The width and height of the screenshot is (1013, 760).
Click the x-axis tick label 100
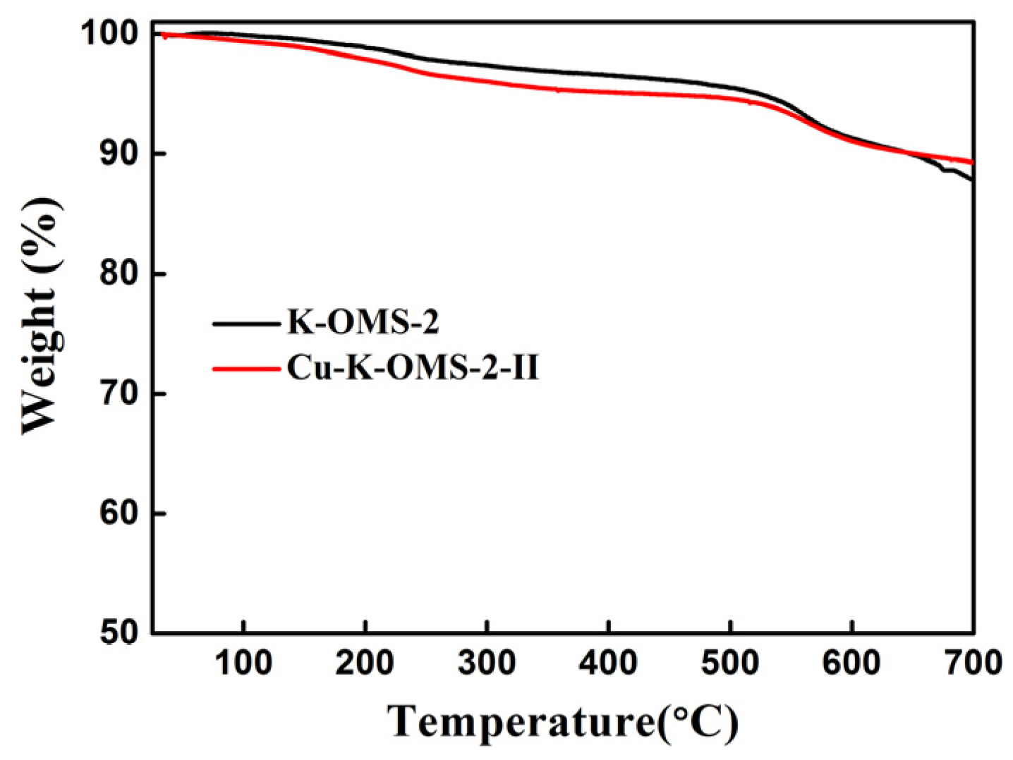point(243,663)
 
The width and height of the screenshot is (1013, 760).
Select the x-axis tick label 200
point(365,663)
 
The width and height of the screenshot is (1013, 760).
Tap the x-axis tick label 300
point(487,663)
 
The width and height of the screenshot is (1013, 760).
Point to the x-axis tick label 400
point(608,663)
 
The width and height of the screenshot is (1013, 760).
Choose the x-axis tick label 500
point(730,663)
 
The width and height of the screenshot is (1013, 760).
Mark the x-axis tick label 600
point(851,663)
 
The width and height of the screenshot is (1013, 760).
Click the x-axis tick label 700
point(972,663)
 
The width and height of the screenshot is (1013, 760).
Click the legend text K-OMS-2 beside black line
point(363,323)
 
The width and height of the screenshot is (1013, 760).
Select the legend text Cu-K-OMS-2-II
point(413,368)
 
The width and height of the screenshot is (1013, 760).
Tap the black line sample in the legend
point(246,324)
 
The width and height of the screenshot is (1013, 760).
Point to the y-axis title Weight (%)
point(41,316)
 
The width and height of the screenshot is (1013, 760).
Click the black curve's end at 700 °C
point(972,180)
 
